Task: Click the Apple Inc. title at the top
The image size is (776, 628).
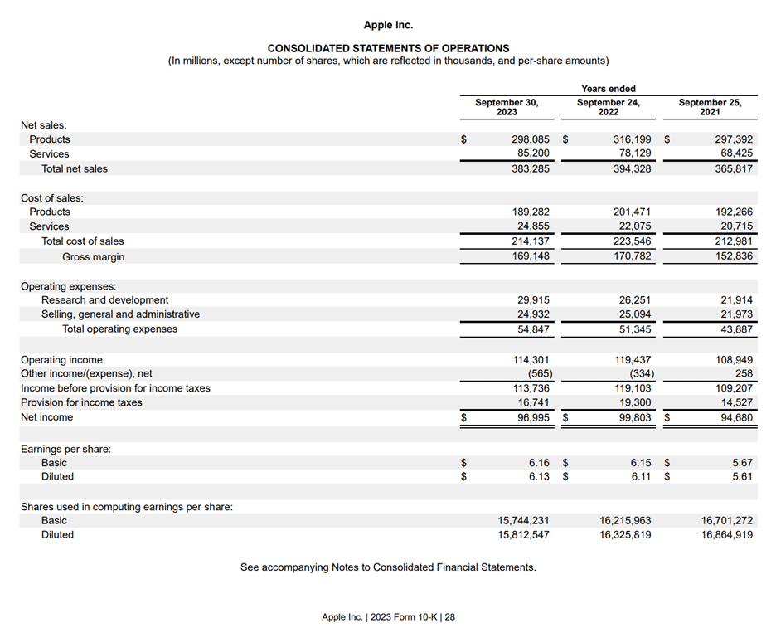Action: (388, 25)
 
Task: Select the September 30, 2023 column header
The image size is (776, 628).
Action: (506, 107)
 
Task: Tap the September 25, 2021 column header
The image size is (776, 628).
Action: (710, 107)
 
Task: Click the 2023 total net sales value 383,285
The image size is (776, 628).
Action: (531, 168)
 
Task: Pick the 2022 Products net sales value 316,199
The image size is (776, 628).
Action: (632, 139)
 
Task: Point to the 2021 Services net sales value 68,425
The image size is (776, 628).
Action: (735, 153)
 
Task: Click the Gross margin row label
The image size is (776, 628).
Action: (93, 257)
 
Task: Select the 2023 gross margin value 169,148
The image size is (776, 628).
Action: (531, 256)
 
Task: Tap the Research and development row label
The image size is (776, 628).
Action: (104, 300)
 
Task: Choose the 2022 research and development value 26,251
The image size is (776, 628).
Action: (633, 299)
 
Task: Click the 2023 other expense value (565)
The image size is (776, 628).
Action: (534, 373)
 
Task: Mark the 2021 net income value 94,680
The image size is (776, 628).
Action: (735, 417)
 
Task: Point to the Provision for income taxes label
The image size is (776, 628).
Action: (81, 402)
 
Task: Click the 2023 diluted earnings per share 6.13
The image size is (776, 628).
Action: (539, 476)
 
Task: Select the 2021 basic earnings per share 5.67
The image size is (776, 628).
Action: (742, 463)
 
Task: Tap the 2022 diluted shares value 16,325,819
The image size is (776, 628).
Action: (625, 535)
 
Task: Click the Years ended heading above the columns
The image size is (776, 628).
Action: (608, 89)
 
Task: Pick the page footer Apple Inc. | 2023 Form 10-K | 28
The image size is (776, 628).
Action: (388, 617)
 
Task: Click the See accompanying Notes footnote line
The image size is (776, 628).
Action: (388, 567)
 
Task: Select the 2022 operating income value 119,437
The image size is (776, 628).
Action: (633, 360)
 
